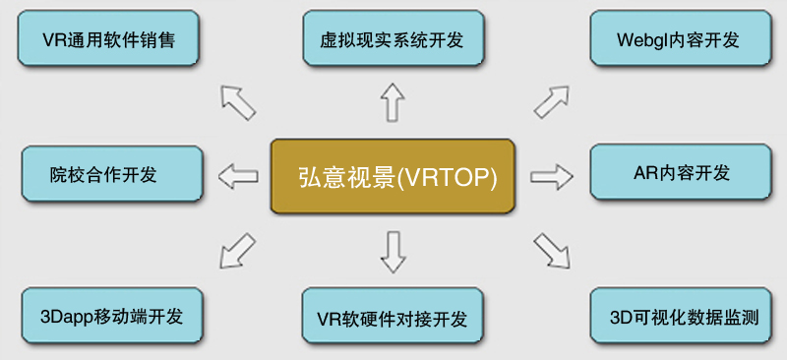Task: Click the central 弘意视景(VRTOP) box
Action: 393,177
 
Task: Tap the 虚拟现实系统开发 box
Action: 393,40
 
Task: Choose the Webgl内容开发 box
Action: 678,40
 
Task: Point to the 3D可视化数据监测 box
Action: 678,318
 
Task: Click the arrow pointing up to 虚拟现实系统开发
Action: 393,102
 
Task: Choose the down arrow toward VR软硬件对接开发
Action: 393,252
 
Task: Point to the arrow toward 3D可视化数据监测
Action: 552,251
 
